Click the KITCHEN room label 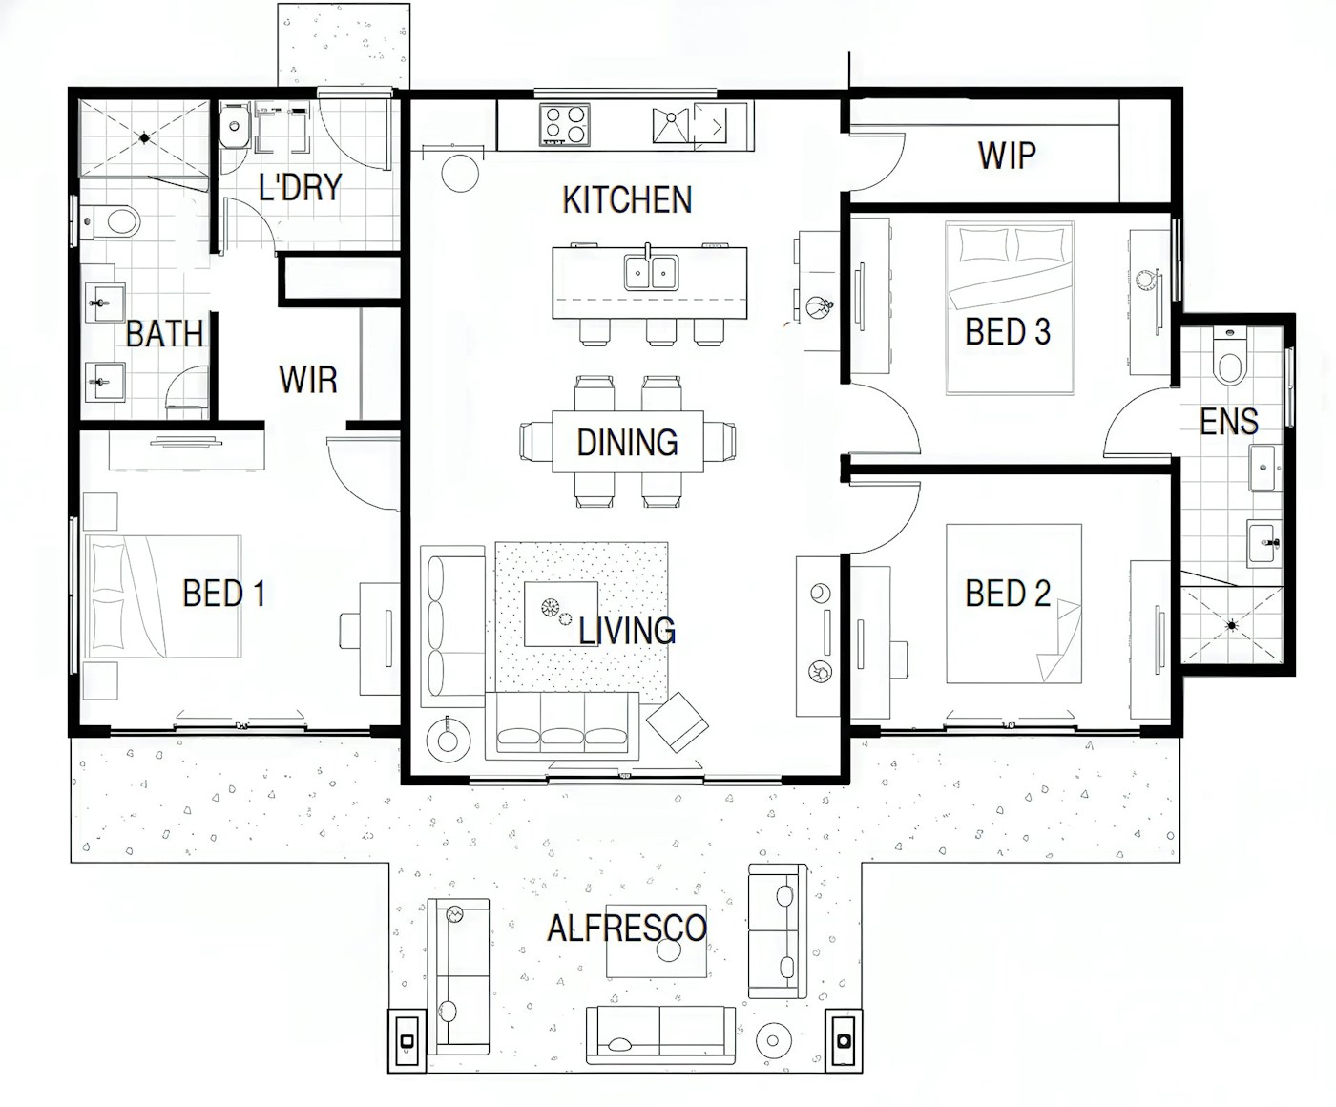click(627, 200)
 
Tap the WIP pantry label click(1007, 155)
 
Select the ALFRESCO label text click(627, 928)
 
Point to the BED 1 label click(223, 594)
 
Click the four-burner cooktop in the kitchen click(564, 125)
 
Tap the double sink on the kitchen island click(651, 272)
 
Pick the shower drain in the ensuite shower click(1231, 625)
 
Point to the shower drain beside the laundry click(144, 137)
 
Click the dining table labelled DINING click(628, 442)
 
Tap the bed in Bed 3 click(1009, 307)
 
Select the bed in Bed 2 click(1013, 603)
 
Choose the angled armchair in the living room click(678, 722)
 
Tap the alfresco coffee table click(658, 941)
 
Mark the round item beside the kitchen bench click(460, 173)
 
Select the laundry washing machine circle click(235, 126)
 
